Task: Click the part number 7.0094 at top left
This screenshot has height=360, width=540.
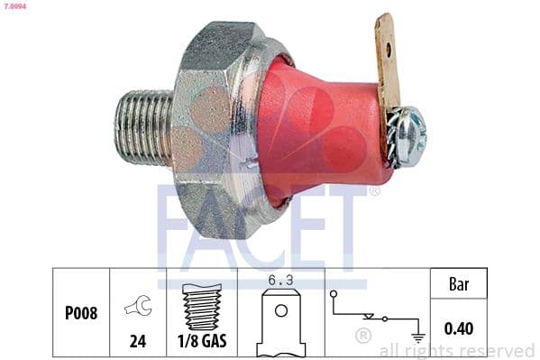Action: click(15, 6)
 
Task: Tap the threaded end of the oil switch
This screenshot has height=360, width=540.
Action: click(142, 126)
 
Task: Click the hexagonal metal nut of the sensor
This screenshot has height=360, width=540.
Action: click(216, 126)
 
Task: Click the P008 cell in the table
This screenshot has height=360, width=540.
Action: click(80, 314)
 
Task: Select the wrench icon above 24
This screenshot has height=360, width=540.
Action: click(139, 307)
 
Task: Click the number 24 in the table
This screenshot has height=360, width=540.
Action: click(138, 342)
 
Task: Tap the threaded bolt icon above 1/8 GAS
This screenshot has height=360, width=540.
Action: click(201, 308)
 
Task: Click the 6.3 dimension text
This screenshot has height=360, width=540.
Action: click(280, 281)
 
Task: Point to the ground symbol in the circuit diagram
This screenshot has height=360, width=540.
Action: click(417, 336)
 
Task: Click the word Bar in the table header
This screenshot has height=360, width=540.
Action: click(460, 283)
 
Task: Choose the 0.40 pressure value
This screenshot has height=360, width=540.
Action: click(460, 329)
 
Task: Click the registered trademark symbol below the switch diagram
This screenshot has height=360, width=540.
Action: click(364, 336)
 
